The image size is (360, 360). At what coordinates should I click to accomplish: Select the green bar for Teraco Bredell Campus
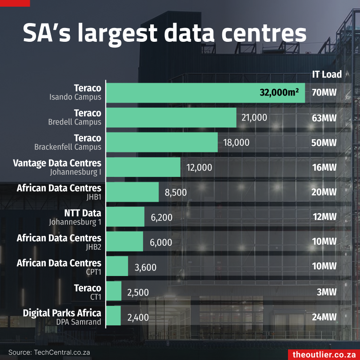pyautogui.click(x=171, y=117)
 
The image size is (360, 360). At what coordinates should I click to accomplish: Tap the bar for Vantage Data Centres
pyautogui.click(x=143, y=167)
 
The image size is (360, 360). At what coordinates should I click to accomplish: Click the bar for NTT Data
pyautogui.click(x=125, y=217)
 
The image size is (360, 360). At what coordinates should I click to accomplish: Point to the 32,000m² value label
pyautogui.click(x=279, y=92)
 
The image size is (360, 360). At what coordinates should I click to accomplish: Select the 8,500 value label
pyautogui.click(x=176, y=192)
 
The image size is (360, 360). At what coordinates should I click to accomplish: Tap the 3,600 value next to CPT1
pyautogui.click(x=145, y=268)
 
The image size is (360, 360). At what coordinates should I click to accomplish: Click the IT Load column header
pyautogui.click(x=327, y=74)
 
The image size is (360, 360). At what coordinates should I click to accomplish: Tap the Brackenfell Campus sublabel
pyautogui.click(x=68, y=147)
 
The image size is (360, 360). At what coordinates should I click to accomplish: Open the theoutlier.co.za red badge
pyautogui.click(x=323, y=354)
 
